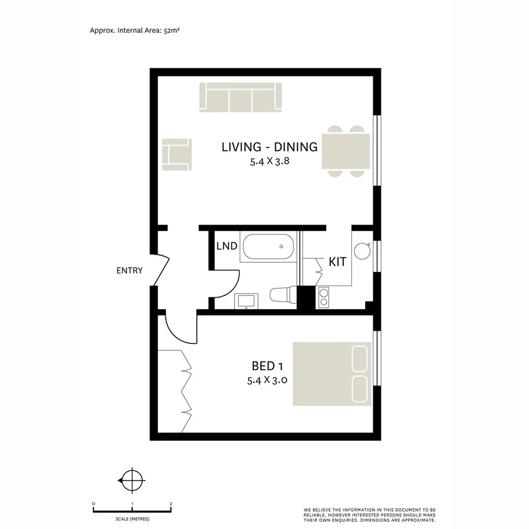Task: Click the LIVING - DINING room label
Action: coord(269,147)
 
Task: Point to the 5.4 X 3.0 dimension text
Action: coord(267,380)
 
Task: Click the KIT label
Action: coord(337,263)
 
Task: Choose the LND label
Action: coord(226,246)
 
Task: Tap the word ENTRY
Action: coord(129,271)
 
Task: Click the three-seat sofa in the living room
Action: coord(240,97)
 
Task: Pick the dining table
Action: coord(347,151)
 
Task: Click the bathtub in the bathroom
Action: coord(269,247)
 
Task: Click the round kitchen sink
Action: coord(361,251)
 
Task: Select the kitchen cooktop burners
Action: coord(323,297)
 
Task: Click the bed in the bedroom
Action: coord(332,374)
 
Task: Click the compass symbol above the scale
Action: coord(132,481)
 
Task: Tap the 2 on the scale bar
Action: coord(170,504)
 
